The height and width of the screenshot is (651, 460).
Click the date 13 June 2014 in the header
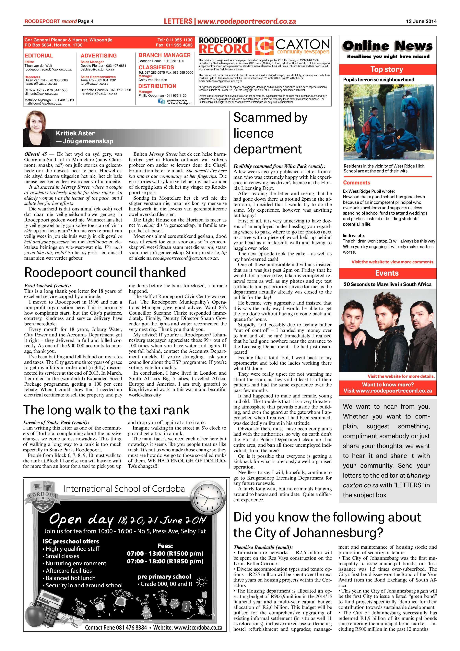pos(421,21)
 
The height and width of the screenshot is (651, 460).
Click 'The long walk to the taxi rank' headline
pos(106,410)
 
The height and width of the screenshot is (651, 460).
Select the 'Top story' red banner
pos(387,69)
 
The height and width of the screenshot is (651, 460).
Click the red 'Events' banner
pos(387,273)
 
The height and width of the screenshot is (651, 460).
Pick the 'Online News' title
pos(387,46)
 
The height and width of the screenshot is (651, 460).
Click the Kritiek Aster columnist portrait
pos(36,128)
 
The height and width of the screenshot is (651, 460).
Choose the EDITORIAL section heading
pos(39,56)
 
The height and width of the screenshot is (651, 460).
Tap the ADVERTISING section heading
pos(99,56)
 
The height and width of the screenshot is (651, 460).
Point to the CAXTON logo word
pos(302,44)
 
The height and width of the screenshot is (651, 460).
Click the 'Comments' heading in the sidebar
pos(357,183)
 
